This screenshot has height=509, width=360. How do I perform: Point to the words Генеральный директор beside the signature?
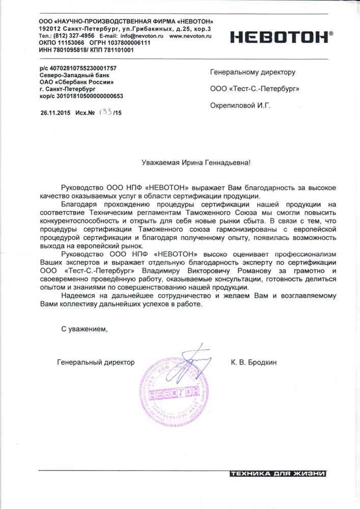coord(96,362)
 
